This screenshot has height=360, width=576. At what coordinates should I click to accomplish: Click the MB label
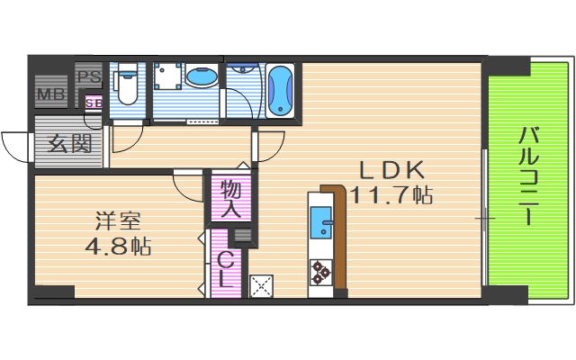pyautogui.click(x=51, y=94)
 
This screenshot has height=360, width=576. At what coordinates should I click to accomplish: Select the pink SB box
pyautogui.click(x=94, y=103)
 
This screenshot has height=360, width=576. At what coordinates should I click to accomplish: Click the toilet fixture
pyautogui.click(x=127, y=85)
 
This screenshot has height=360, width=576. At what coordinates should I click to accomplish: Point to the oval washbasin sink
pyautogui.click(x=202, y=76)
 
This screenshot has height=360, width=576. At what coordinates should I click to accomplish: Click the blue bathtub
pyautogui.click(x=280, y=91)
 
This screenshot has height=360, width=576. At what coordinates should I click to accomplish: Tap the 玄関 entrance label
pyautogui.click(x=69, y=143)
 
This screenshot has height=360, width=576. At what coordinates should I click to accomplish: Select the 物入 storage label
pyautogui.click(x=231, y=200)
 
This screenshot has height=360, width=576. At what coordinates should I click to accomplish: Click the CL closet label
pyautogui.click(x=226, y=271)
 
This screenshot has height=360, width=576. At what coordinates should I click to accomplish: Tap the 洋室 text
pyautogui.click(x=118, y=221)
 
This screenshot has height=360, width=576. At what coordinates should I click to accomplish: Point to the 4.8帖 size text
pyautogui.click(x=118, y=246)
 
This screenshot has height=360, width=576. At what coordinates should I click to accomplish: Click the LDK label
pyautogui.click(x=391, y=170)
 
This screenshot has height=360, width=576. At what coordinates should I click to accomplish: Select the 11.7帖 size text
pyautogui.click(x=392, y=195)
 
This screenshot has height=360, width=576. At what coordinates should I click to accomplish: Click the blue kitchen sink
pyautogui.click(x=321, y=222)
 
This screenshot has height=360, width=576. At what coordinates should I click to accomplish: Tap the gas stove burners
pyautogui.click(x=321, y=273)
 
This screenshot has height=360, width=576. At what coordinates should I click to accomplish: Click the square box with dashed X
pyautogui.click(x=261, y=286)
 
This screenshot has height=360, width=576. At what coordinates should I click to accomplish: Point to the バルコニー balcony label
pyautogui.click(x=528, y=176)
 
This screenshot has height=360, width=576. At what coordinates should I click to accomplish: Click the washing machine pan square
pyautogui.click(x=168, y=76)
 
